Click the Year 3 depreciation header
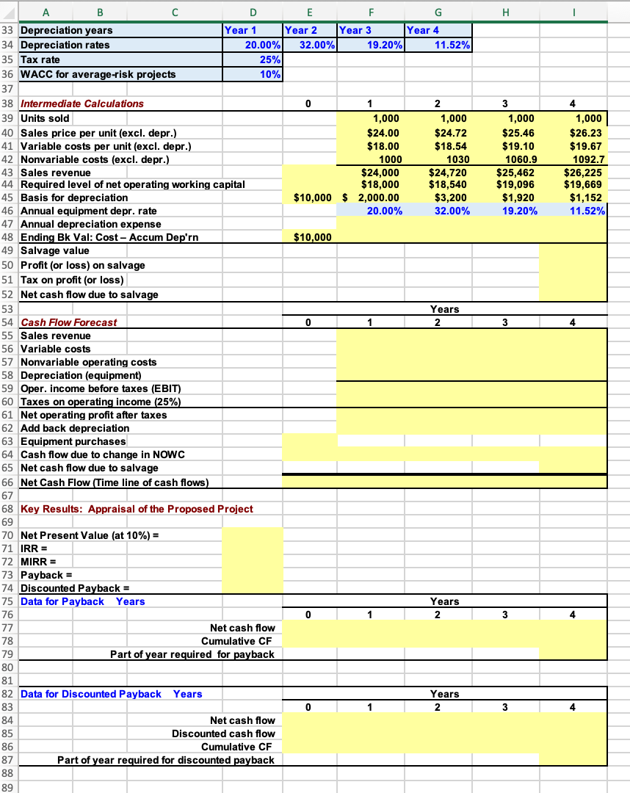tap(355, 31)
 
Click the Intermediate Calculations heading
tap(82, 104)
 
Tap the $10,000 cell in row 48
tap(312, 237)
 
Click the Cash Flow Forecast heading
tap(68, 322)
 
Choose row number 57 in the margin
tap(8, 362)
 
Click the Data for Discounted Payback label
tap(90, 694)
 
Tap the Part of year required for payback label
tap(192, 653)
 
